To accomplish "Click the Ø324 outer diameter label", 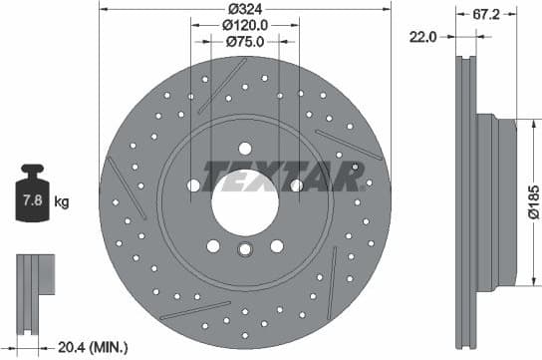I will (x=244, y=8).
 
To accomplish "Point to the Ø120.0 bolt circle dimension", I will (x=244, y=25).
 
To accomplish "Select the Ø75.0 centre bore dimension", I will (x=244, y=42).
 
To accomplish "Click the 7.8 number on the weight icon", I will (x=33, y=201).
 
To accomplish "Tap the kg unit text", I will (x=62, y=202).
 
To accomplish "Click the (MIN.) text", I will (x=109, y=347).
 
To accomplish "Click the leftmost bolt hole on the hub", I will (x=193, y=185).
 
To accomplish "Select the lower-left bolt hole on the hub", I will (x=212, y=245).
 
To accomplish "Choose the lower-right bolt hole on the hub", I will (x=276, y=245).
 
